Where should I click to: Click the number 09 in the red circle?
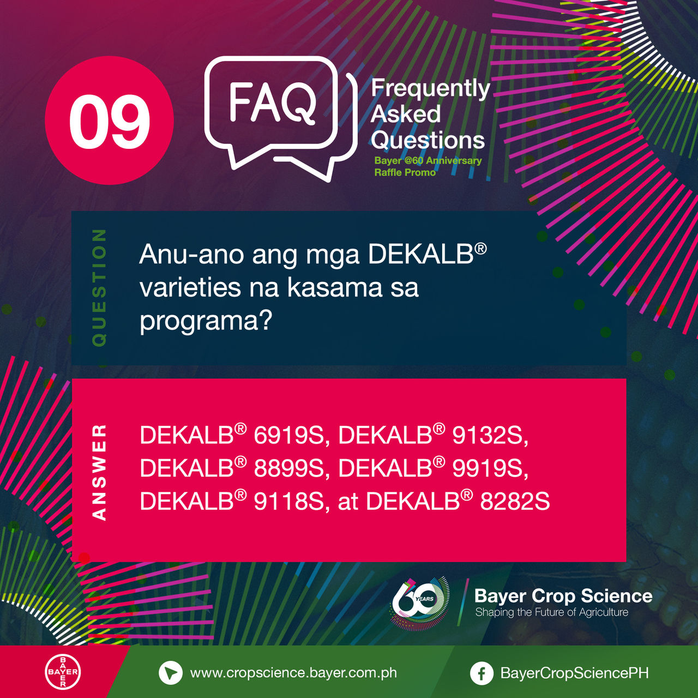coord(110,122)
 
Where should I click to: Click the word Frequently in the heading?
coord(430,89)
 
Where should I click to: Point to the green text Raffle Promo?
coord(405,172)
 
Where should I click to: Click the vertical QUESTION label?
coord(99,287)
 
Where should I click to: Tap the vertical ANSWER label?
coord(99,473)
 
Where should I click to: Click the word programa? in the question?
coord(206,320)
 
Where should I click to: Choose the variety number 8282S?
coord(515,501)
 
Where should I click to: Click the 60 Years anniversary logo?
coord(420,604)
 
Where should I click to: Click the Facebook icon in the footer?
coord(482,673)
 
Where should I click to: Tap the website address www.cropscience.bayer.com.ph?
coord(293,673)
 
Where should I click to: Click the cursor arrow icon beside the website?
coord(171,673)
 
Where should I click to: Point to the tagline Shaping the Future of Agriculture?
coord(552,612)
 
